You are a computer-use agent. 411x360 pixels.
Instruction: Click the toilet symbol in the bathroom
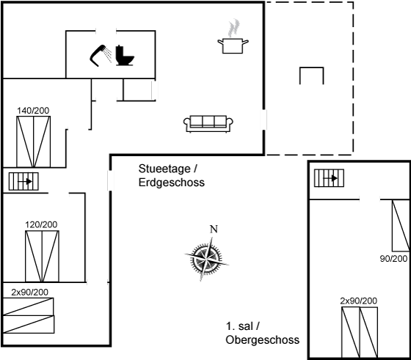point(125,55)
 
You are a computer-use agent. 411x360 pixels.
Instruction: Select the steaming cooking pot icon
point(233,37)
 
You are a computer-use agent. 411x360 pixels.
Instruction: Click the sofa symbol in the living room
point(208,124)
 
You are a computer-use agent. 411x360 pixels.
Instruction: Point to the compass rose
point(206,258)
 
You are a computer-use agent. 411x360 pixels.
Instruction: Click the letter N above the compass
point(214,229)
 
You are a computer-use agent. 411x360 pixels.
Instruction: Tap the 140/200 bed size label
point(33,111)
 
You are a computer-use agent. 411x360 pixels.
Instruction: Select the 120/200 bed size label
point(41,224)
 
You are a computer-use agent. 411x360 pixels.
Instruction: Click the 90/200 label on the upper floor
point(393,259)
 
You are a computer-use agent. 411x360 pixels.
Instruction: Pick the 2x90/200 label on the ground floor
point(29,293)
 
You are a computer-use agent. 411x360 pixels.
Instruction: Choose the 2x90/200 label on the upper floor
point(359,301)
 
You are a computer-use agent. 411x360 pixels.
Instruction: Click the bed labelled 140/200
point(34,142)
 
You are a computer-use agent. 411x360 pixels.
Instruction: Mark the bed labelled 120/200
point(43,257)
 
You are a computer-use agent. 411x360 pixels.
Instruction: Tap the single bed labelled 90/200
point(401,225)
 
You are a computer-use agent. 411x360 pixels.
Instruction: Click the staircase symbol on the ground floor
point(23,181)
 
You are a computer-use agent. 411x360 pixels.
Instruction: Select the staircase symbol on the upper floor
point(330,178)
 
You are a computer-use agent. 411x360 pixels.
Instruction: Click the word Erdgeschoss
point(172,183)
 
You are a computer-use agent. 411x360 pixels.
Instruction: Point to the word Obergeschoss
point(263,340)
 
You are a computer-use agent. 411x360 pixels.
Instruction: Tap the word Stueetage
point(164,169)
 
